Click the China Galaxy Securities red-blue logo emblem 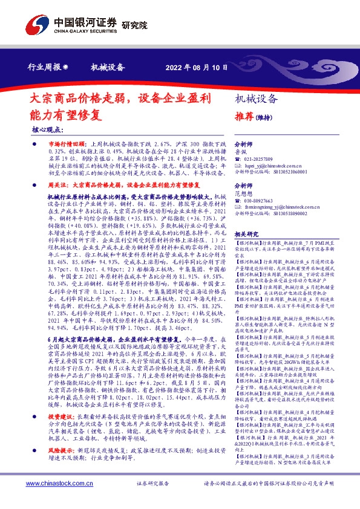coord(38,24)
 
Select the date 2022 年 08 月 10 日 coord(196,67)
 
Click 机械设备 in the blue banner coord(107,67)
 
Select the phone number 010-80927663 coord(264,199)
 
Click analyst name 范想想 coord(243,193)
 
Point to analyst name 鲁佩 coord(240,152)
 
